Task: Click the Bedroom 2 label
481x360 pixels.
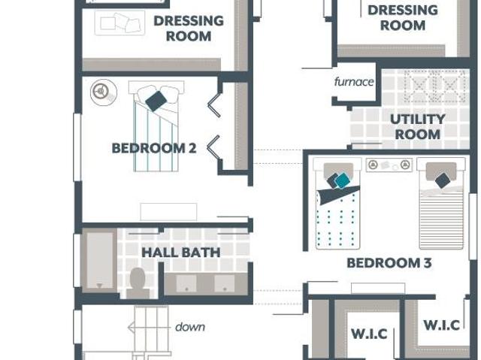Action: (x=153, y=148)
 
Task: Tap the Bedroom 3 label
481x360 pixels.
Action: (x=389, y=263)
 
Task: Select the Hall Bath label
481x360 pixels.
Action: (x=181, y=253)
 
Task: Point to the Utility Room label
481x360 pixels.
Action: (x=418, y=127)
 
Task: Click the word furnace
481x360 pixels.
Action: (x=354, y=82)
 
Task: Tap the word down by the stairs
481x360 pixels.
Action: (x=190, y=327)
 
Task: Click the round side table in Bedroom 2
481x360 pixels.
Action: (x=104, y=92)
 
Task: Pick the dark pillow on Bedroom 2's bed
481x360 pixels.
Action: (x=156, y=101)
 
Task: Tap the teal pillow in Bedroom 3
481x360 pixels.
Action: (x=342, y=181)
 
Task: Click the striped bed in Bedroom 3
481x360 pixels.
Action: (x=441, y=203)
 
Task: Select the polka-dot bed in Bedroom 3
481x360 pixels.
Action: (x=337, y=203)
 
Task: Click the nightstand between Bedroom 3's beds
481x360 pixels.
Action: (x=389, y=165)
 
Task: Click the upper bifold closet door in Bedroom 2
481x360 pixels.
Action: (x=215, y=105)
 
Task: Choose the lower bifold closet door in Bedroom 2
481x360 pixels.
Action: (x=214, y=147)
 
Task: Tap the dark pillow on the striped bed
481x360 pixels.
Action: (x=443, y=180)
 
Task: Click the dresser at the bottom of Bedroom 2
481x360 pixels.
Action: (x=168, y=212)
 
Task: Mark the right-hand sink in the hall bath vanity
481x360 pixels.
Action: (x=225, y=283)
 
